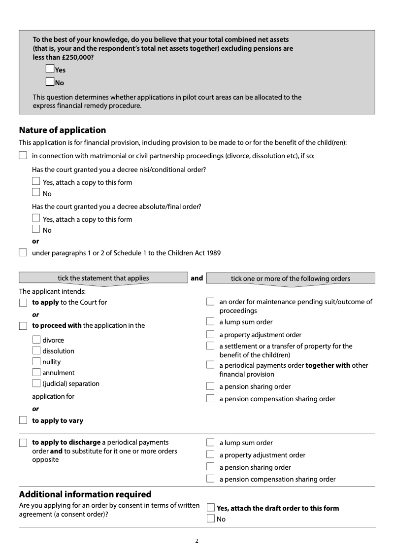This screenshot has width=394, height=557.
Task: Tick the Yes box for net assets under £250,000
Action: [50, 69]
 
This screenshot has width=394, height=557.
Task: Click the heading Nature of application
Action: [63, 130]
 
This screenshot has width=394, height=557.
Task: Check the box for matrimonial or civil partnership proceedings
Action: [23, 156]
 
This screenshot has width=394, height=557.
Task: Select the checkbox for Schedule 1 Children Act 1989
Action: [23, 252]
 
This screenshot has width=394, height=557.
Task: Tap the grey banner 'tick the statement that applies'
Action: [103, 278]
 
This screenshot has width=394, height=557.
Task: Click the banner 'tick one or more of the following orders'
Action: [291, 278]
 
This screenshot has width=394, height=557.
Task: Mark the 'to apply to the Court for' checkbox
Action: [23, 302]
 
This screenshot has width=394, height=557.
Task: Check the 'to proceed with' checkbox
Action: [23, 325]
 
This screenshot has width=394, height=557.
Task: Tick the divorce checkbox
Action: [36, 340]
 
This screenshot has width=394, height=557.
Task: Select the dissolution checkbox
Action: [36, 350]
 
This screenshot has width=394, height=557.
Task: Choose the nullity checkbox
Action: [36, 361]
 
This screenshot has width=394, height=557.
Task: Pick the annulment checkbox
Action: [36, 372]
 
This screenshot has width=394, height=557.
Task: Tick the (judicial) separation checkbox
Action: [36, 383]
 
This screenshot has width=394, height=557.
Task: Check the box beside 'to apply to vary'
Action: [23, 420]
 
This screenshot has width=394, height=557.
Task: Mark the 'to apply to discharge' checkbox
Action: [23, 442]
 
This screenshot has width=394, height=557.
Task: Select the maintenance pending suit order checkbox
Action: [210, 302]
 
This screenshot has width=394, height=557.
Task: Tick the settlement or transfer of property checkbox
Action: [210, 346]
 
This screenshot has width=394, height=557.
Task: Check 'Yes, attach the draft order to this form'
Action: [211, 508]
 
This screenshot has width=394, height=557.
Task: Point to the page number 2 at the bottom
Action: [197, 541]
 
